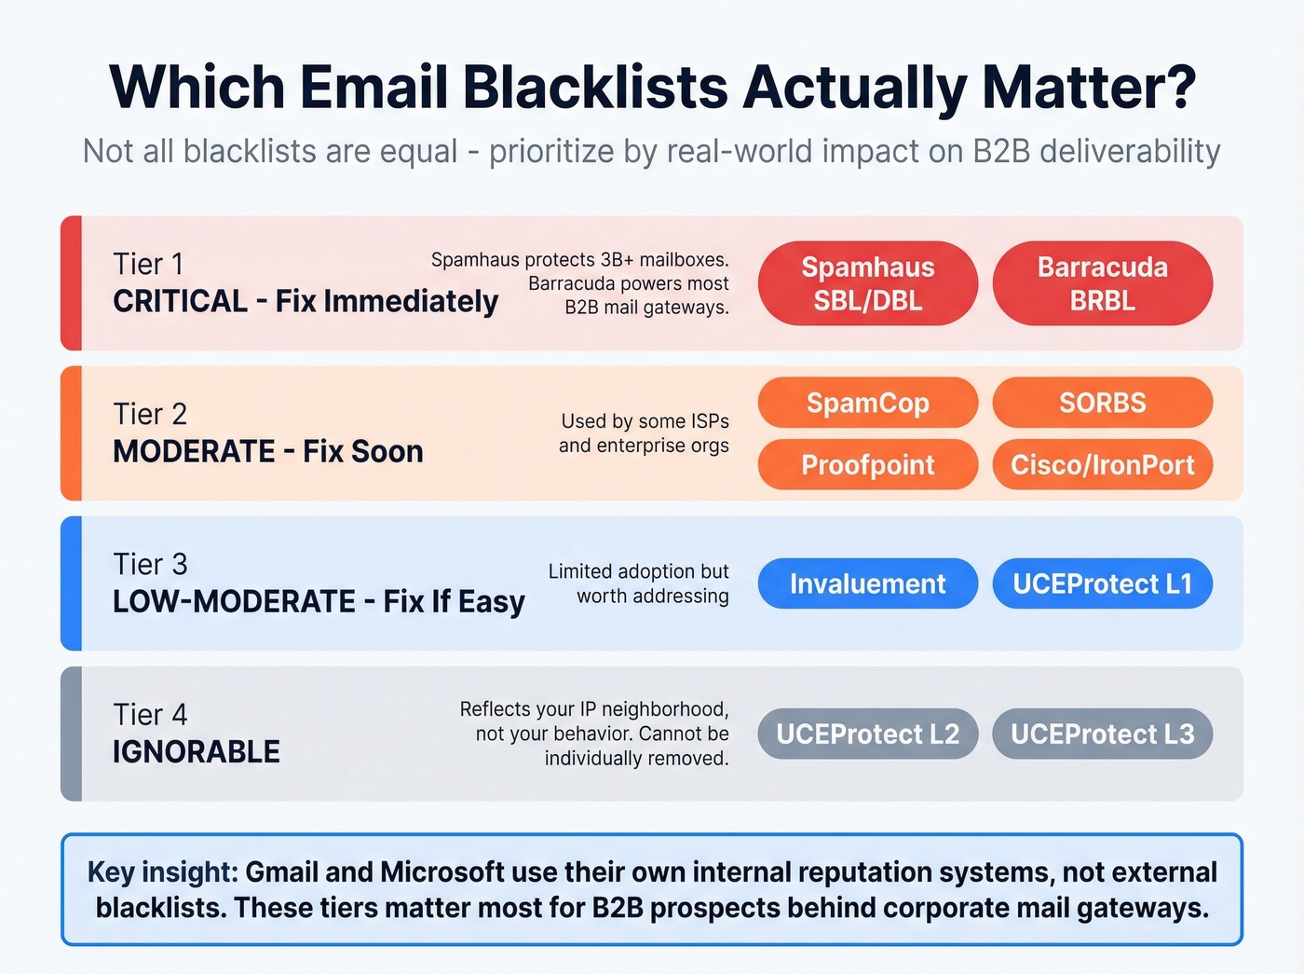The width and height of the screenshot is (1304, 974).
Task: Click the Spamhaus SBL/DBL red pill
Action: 867,283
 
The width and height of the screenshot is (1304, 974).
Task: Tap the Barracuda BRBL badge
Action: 1102,283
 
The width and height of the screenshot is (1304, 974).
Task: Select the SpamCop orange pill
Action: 867,403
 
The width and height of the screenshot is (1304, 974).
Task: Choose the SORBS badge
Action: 1102,403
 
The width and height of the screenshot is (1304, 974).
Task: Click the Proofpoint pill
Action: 867,464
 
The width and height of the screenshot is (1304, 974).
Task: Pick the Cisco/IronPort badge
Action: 1102,464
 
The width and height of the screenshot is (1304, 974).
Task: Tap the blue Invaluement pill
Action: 867,583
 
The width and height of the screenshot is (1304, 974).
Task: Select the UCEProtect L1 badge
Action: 1102,583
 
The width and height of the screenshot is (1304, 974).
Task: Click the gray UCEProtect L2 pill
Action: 867,734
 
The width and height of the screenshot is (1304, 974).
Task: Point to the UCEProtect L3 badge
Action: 1102,734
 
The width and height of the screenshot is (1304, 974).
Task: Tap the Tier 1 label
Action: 148,264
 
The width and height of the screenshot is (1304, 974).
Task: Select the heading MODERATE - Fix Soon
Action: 268,451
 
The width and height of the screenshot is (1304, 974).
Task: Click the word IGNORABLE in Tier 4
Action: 197,751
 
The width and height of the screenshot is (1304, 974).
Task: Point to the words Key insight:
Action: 163,871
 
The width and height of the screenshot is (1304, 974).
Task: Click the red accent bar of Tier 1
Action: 71,283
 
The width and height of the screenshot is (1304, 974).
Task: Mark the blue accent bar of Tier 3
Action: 71,583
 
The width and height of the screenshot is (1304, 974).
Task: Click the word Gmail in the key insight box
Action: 282,871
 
